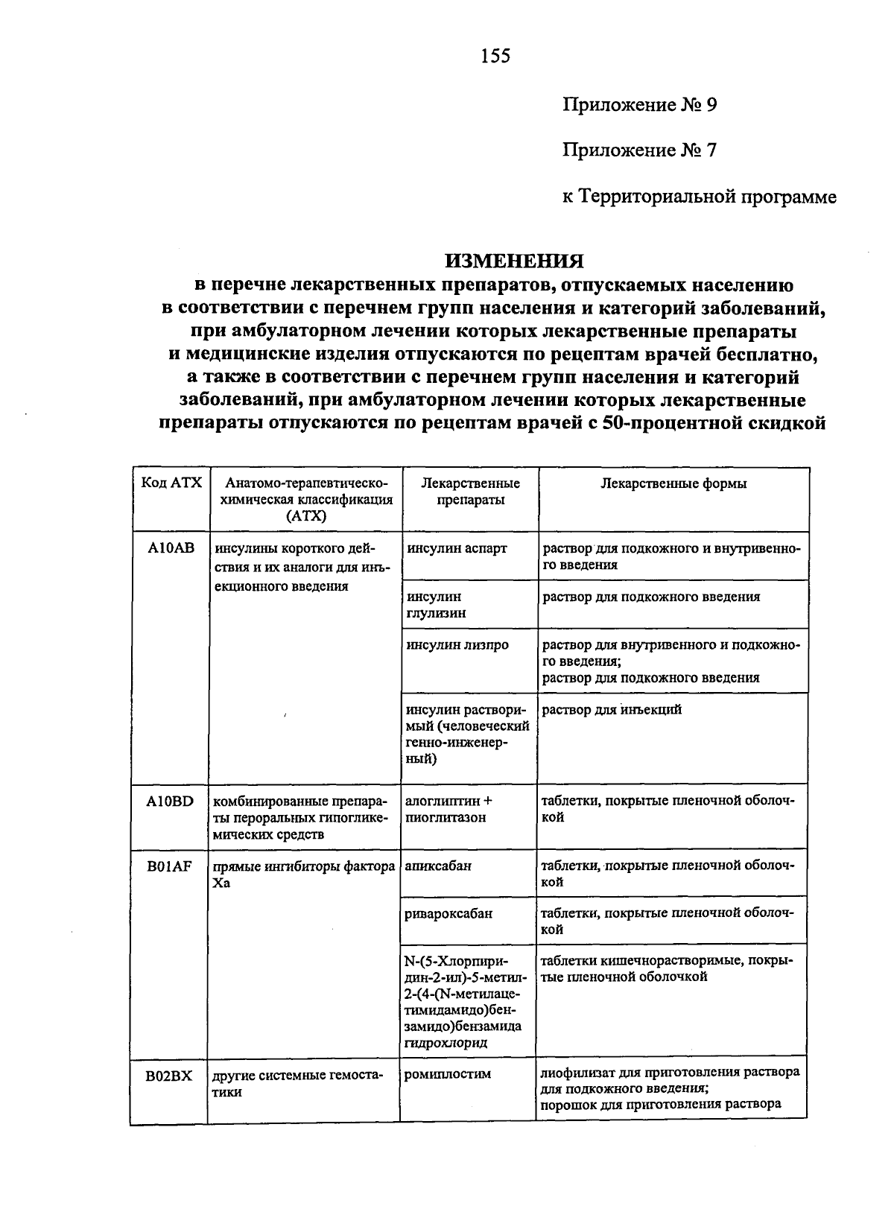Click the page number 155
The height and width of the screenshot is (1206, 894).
point(495,56)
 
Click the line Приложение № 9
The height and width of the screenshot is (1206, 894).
point(639,104)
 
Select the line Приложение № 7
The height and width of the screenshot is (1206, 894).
point(639,151)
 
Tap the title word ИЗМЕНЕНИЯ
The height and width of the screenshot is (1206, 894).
point(514,261)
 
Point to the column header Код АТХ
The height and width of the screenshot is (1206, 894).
point(171,483)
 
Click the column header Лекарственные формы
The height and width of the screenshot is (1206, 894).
point(673,483)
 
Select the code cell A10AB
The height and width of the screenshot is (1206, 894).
point(171,548)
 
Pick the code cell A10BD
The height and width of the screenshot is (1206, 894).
point(170,802)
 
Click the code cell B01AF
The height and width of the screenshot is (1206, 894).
point(170,866)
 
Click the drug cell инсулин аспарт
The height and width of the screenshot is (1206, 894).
point(456,548)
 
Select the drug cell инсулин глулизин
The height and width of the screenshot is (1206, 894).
point(436,605)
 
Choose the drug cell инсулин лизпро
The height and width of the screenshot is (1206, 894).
point(457,644)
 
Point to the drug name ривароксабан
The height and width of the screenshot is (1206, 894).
point(448,913)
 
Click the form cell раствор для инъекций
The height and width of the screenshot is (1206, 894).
point(612,710)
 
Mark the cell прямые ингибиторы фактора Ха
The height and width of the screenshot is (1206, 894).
point(303,874)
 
